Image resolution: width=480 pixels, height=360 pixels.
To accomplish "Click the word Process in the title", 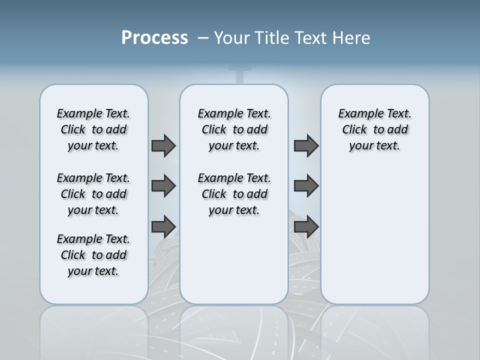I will (x=154, y=38).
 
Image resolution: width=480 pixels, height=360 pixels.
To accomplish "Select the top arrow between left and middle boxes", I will (x=163, y=145).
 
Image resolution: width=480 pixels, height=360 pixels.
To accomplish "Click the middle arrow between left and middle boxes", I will (x=163, y=186).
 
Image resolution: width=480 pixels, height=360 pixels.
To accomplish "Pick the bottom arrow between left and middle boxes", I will (x=163, y=226).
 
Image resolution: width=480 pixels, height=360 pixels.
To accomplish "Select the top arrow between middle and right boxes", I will (x=306, y=145).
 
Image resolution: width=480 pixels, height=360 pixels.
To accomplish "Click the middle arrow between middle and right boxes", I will (x=306, y=186).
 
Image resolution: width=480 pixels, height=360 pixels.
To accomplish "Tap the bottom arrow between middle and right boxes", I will (x=306, y=226).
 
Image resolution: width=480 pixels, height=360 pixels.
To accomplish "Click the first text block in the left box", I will (x=93, y=129).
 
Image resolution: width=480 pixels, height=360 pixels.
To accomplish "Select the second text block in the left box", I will (x=93, y=194).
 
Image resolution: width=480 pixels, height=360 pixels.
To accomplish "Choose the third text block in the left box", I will (x=93, y=255).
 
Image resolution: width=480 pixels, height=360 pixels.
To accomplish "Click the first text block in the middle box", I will (x=234, y=129).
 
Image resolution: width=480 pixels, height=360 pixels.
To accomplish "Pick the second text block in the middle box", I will (x=234, y=194).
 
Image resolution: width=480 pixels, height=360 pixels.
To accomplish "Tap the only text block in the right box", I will (x=374, y=129).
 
